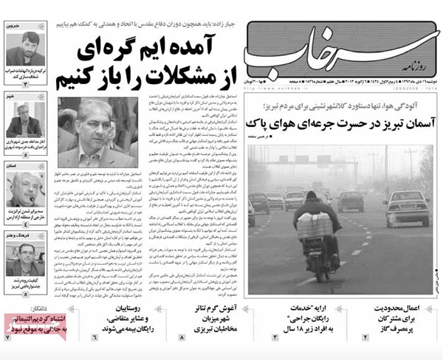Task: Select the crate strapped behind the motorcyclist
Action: point(315,226)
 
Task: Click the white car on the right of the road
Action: point(405,208)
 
